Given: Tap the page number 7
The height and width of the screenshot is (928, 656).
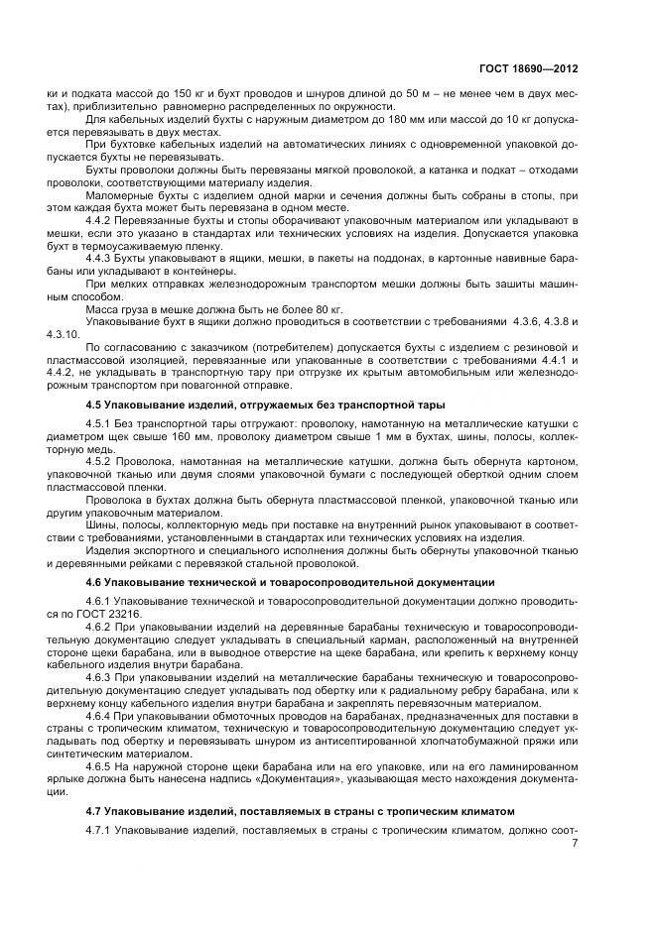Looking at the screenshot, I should click(575, 843).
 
